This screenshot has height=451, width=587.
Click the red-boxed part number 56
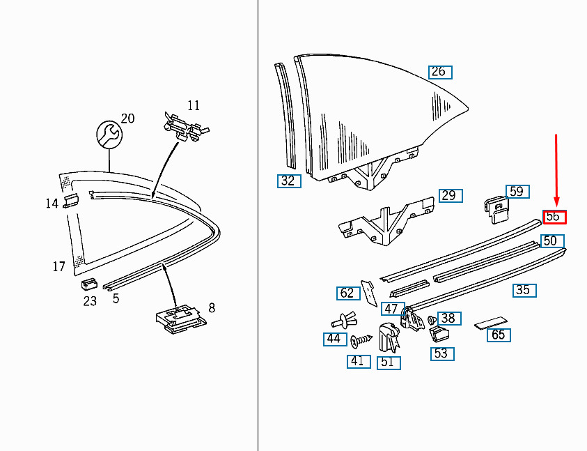pos(554,217)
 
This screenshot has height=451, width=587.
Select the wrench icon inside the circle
pos(109,134)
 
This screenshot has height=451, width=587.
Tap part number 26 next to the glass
pos(440,72)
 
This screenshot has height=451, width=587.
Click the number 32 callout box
pos(289,181)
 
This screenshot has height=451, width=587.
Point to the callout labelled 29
pos(451,196)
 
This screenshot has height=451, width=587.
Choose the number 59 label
pos(517,192)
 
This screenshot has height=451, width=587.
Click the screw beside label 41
pos(361,340)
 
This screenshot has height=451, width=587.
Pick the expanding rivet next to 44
pos(344,320)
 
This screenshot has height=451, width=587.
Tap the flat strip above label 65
pos(491,323)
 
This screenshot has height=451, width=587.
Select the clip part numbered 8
pos(181,319)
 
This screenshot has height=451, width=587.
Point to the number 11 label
pos(194,106)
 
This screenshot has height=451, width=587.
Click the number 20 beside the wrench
pos(127,119)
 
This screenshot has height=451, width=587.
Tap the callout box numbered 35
pos(524,290)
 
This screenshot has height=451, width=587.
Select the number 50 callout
pos(551,241)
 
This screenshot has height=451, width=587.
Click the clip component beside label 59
pos(496,210)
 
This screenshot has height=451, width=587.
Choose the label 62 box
pos(348,293)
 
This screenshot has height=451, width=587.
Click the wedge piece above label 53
pos(439,335)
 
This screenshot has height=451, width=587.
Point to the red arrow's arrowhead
pos(556,202)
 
